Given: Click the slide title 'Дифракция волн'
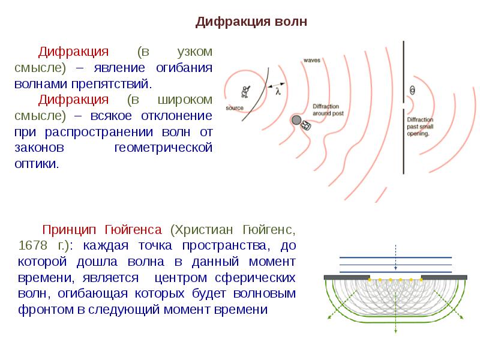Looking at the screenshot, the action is (x=251, y=22).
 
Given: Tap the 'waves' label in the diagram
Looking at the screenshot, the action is (x=311, y=61).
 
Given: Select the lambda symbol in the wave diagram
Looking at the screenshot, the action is (x=278, y=91).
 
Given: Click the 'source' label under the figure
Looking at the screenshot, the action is (x=235, y=108).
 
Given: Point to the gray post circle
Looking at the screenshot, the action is (x=296, y=120).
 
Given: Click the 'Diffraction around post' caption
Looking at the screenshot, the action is (x=328, y=110).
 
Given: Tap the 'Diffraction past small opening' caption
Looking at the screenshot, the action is (x=420, y=127).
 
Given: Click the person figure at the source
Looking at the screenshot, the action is (x=245, y=92).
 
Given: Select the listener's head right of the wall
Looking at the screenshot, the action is (x=413, y=91).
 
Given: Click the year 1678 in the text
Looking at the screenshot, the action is (x=33, y=245).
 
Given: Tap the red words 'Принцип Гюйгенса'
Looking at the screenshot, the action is (x=102, y=230).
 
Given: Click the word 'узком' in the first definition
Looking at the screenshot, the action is (x=194, y=52).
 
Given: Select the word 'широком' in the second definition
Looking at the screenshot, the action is (x=185, y=100).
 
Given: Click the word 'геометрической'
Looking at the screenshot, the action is (x=163, y=148).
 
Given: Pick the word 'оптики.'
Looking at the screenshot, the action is (x=37, y=164).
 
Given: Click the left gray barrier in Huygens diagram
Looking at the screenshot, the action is (x=347, y=277).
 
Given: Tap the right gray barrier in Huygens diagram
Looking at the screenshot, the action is (x=444, y=277).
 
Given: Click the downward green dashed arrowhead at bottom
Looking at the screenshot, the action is (x=395, y=331).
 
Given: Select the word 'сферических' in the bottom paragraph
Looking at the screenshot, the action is (x=255, y=278).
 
